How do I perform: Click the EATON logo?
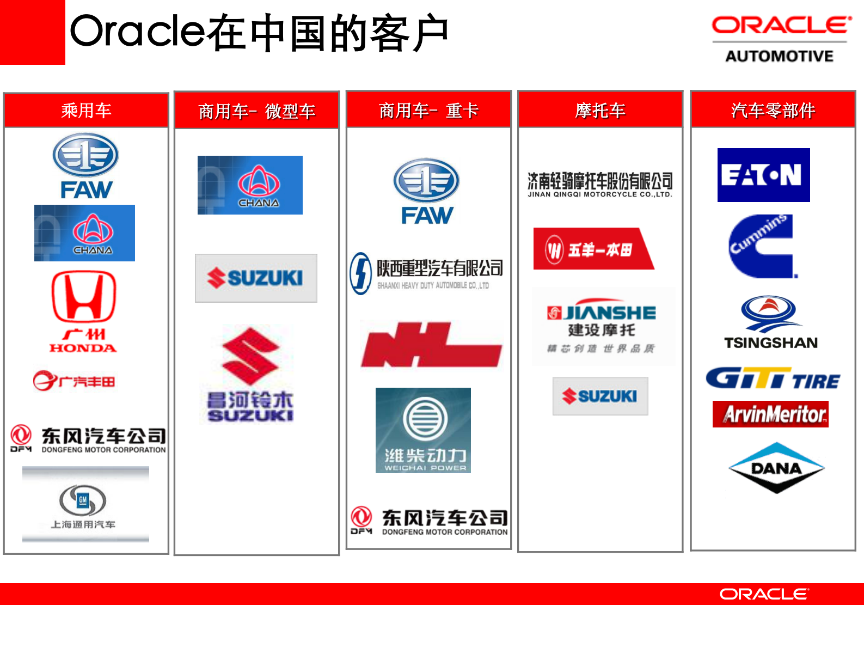coord(763,175)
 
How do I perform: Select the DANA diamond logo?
coord(776,468)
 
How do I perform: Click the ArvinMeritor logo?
coord(770,414)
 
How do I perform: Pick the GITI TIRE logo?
coord(773,378)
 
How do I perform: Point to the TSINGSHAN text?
coord(770,343)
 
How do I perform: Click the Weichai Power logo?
coord(423,430)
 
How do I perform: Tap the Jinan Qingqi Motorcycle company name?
coord(600,185)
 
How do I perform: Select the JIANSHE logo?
coord(602,326)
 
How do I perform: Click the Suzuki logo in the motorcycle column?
coord(600,396)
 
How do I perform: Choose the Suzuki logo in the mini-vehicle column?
coord(256,278)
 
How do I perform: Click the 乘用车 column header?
coord(86,111)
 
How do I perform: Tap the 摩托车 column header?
coord(600,111)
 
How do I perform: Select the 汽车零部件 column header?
coord(773,111)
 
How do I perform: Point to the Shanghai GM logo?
coord(85,504)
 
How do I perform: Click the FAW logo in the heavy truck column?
coord(427,192)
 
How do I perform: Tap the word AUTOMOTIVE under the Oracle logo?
coord(779,56)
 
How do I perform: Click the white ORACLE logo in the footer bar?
coord(764,594)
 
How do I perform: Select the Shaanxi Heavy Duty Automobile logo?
coord(427,273)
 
